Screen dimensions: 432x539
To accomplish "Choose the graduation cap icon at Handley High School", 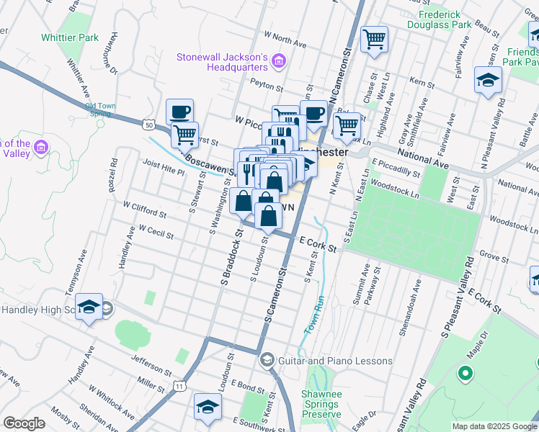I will tap(89, 308).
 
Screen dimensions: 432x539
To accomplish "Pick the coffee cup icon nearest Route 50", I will tap(180, 112).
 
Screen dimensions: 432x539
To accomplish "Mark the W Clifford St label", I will tap(144, 210).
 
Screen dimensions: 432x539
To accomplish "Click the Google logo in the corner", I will tap(24, 423).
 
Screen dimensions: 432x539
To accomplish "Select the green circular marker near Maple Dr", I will tap(465, 374).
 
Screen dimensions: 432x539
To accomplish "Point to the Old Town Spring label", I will tap(98, 109).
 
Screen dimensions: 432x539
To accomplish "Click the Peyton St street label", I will tap(264, 82).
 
